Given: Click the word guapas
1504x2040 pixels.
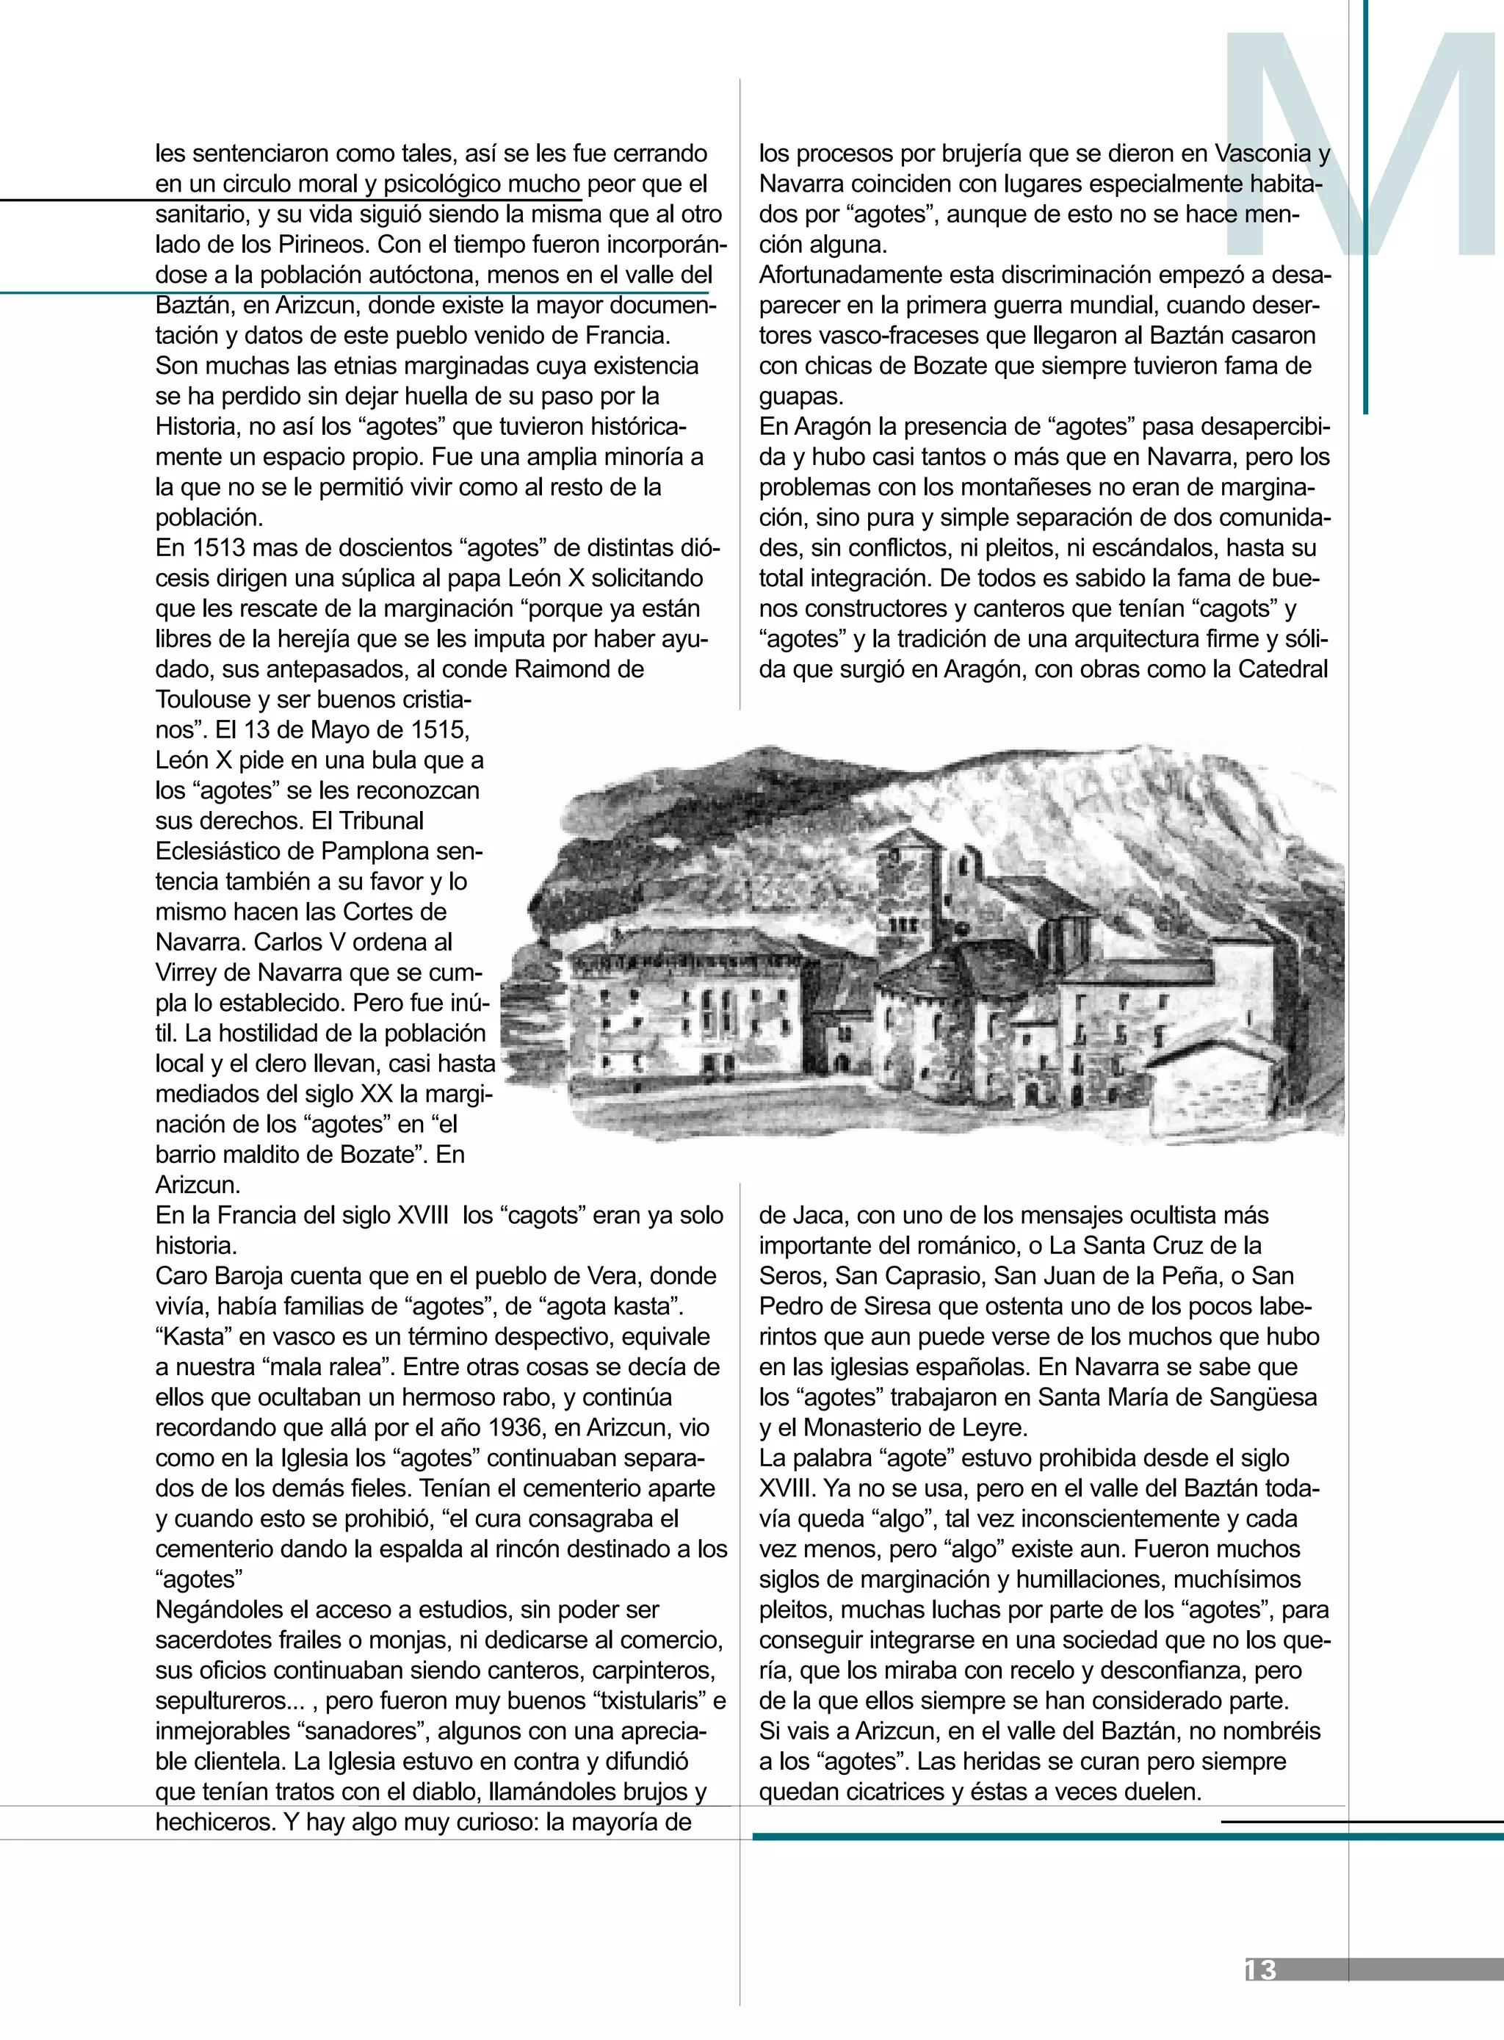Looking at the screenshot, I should pyautogui.click(x=801, y=396).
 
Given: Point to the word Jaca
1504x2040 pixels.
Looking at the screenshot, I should pyautogui.click(x=818, y=1216).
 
